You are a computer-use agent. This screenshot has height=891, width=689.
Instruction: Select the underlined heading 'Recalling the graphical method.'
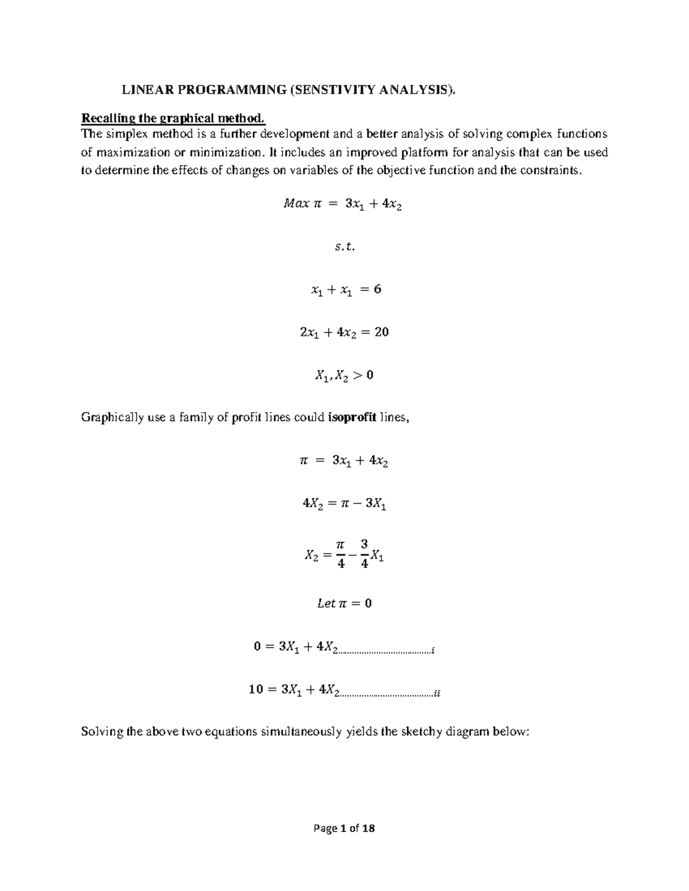(x=173, y=119)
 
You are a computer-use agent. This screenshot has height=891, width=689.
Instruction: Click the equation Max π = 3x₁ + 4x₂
(x=343, y=204)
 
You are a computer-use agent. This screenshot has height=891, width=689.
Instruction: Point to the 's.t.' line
(x=344, y=247)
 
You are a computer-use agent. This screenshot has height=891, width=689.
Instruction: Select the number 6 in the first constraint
(x=377, y=289)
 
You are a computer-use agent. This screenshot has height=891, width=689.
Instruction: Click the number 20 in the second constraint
(x=381, y=332)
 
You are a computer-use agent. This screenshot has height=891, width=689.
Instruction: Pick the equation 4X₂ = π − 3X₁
(x=344, y=504)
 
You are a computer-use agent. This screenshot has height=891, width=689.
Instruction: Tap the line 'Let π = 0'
(x=344, y=604)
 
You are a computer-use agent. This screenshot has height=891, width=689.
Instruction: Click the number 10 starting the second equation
(x=256, y=690)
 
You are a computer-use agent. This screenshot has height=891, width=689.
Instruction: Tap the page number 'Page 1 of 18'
(x=344, y=828)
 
